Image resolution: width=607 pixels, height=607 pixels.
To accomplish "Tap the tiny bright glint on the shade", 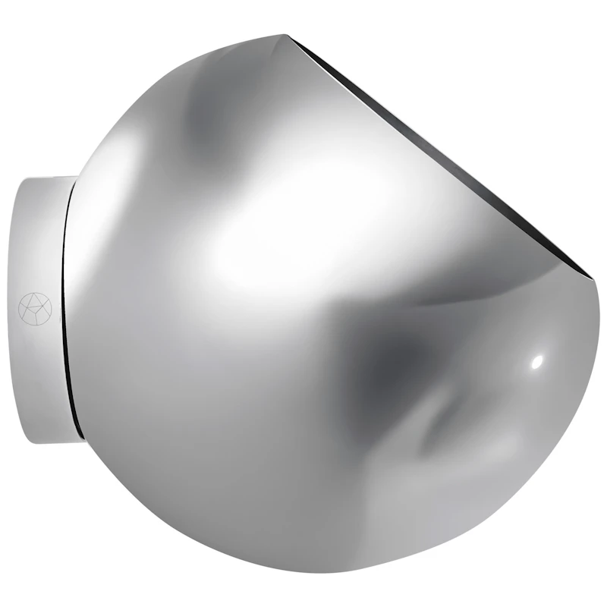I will pos(537,361).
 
